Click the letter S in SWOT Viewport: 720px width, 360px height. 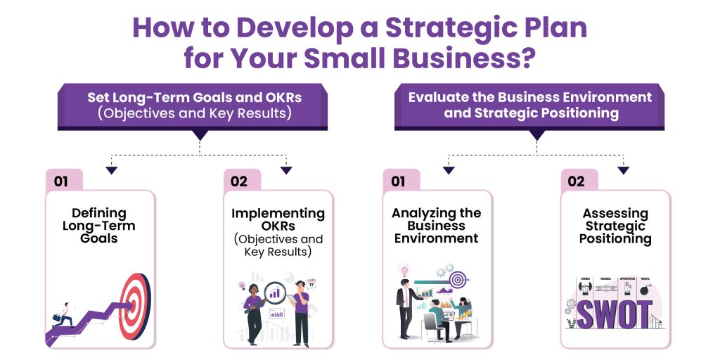pos(588,314)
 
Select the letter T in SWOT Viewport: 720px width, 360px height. pos(643,314)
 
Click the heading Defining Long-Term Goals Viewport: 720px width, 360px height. pos(99,225)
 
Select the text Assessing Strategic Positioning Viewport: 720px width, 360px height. pos(615,225)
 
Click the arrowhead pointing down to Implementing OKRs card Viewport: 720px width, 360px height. pos(285,169)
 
